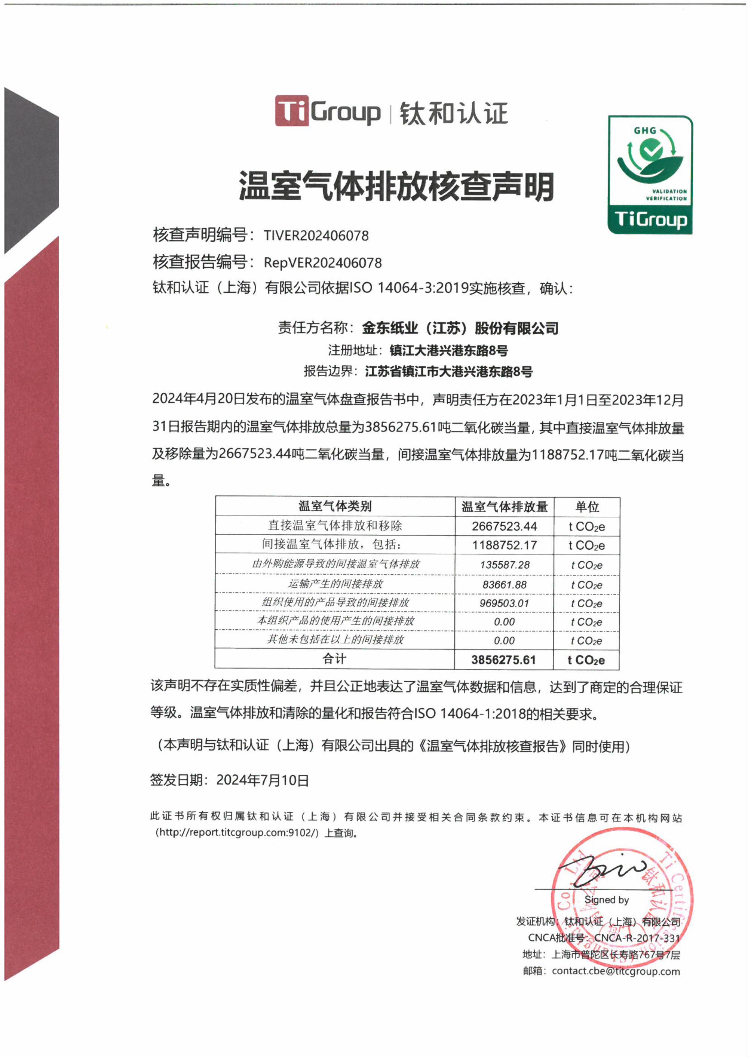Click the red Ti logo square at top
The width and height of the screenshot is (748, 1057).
[x=292, y=111]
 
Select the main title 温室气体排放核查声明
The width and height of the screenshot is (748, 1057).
[x=396, y=187]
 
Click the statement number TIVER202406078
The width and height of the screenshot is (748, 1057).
[x=316, y=236]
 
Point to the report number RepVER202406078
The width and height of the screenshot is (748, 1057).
[x=322, y=263]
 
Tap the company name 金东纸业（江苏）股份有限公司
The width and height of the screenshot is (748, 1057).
[x=460, y=328]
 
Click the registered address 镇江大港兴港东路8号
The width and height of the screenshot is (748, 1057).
[x=449, y=351]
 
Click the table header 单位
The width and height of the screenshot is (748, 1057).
[x=587, y=507]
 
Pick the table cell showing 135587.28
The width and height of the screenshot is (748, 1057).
[x=505, y=565]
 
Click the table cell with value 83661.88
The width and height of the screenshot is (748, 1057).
[x=505, y=585]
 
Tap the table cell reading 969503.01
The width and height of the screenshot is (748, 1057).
[x=505, y=603]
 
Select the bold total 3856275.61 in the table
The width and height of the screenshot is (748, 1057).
[x=503, y=660]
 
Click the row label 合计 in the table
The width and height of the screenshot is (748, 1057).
[x=334, y=659]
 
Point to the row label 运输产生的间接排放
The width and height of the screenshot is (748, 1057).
[x=335, y=584]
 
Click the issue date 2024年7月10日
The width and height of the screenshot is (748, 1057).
[x=263, y=780]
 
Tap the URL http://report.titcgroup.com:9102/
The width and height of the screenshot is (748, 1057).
[x=237, y=832]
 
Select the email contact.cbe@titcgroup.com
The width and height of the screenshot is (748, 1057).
[x=616, y=971]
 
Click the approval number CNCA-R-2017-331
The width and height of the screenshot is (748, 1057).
[x=637, y=938]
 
